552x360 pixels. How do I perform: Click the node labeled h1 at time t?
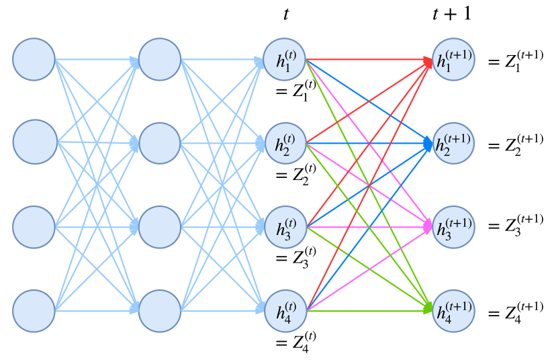(x=285, y=60)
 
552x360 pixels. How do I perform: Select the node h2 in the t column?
(x=285, y=142)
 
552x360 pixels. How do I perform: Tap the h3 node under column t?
(x=285, y=227)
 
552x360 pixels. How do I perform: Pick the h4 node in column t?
(x=285, y=310)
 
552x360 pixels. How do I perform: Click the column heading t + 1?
(x=451, y=14)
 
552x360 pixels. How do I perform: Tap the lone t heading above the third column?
(x=286, y=14)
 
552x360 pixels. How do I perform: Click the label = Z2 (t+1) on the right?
(x=515, y=143)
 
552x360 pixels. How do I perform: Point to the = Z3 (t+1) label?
(x=515, y=227)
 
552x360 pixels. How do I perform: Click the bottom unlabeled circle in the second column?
(x=160, y=310)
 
